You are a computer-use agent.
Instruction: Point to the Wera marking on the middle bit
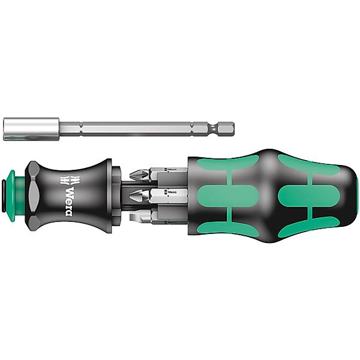[173, 193]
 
